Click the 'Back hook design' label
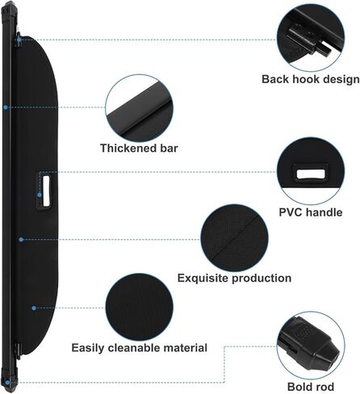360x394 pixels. pyautogui.click(x=311, y=79)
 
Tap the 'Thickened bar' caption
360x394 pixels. pyautogui.click(x=139, y=149)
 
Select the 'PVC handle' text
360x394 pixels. pyautogui.click(x=311, y=212)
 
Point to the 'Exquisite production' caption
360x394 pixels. pyautogui.click(x=234, y=278)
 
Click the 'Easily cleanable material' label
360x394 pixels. pyautogui.click(x=140, y=348)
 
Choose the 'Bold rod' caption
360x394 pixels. pyautogui.click(x=311, y=387)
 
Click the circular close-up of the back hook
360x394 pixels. pyautogui.click(x=311, y=38)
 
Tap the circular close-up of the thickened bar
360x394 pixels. pyautogui.click(x=139, y=108)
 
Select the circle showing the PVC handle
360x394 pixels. pyautogui.click(x=311, y=170)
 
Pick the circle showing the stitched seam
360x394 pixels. pyautogui.click(x=234, y=238)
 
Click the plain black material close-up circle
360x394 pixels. pyautogui.click(x=139, y=308)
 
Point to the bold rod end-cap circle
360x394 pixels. pyautogui.click(x=311, y=346)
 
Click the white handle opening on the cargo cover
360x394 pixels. pyautogui.click(x=46, y=191)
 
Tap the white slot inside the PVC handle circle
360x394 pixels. pyautogui.click(x=311, y=174)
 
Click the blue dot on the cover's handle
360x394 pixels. pyautogui.click(x=40, y=195)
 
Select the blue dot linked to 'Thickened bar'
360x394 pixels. pyautogui.click(x=6, y=107)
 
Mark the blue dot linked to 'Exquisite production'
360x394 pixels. pyautogui.click(x=21, y=239)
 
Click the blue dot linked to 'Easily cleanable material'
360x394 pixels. pyautogui.click(x=34, y=308)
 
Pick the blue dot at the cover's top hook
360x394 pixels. pyautogui.click(x=19, y=40)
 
